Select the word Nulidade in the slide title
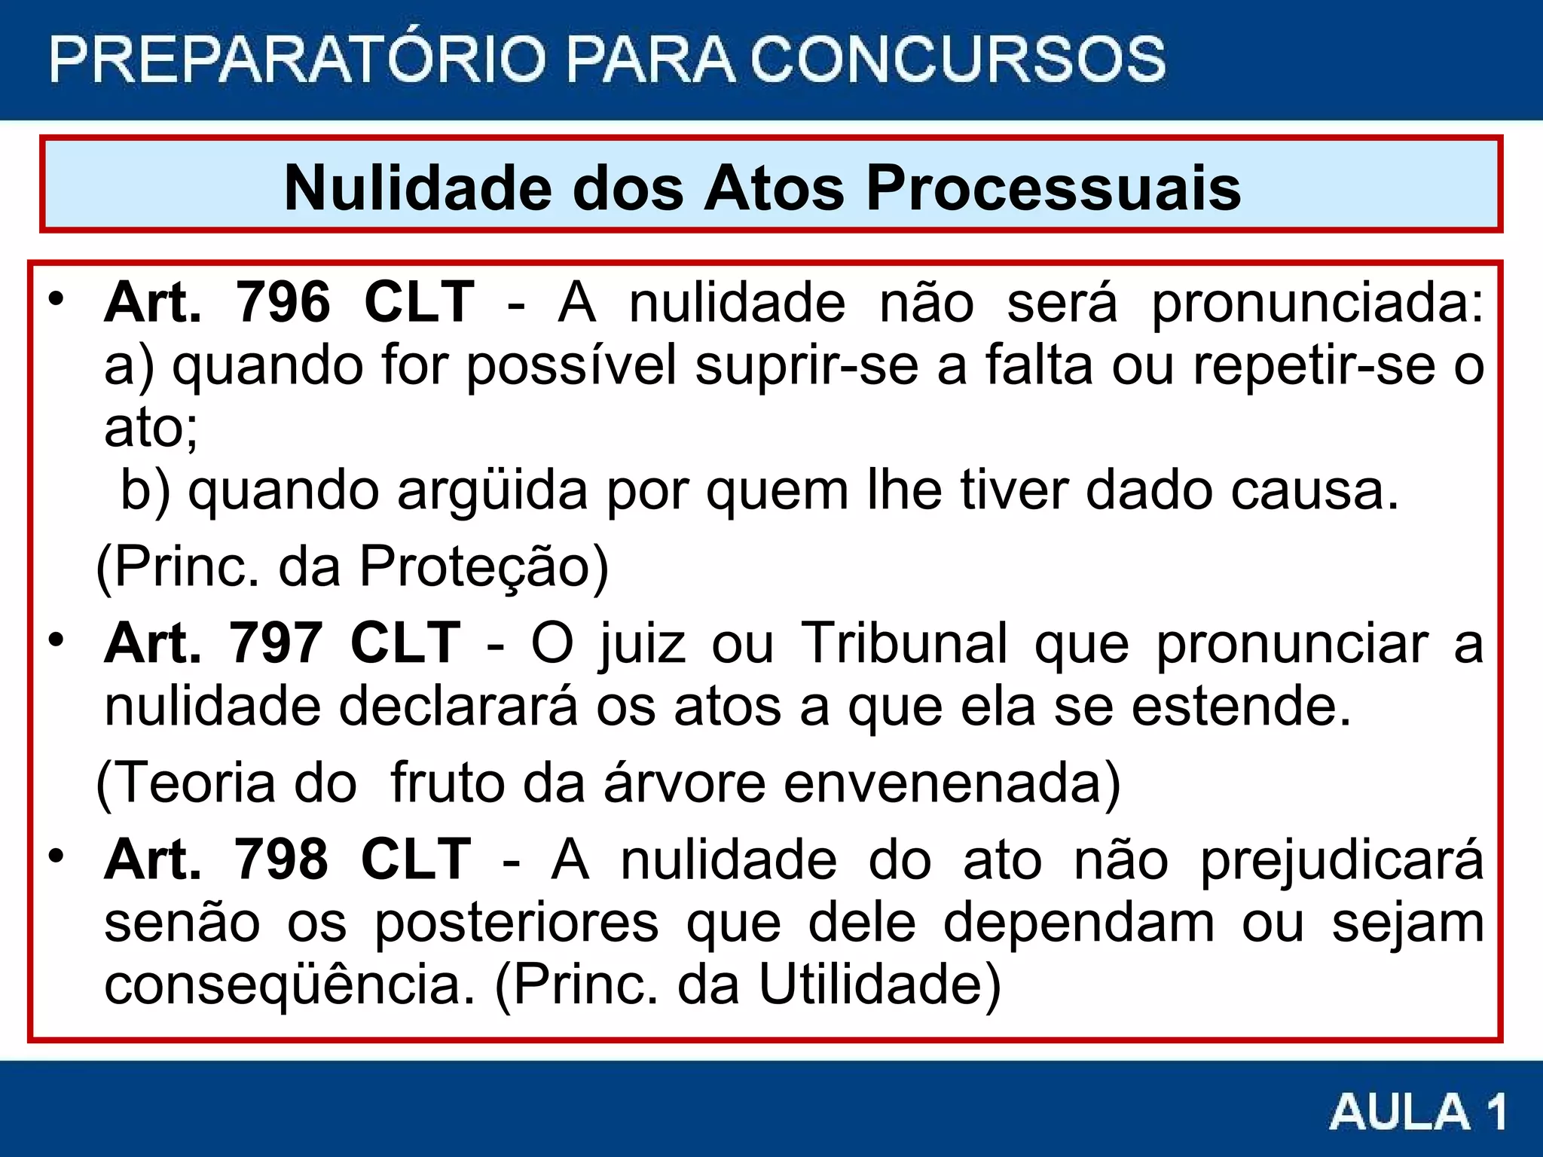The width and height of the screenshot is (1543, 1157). click(418, 188)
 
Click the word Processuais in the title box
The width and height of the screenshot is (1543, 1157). click(1053, 188)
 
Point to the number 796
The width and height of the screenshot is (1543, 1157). click(283, 303)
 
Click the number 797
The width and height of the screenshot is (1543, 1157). click(276, 644)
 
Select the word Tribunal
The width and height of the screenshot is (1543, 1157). click(903, 644)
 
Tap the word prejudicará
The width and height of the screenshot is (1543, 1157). click(1342, 861)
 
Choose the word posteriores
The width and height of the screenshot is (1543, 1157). click(517, 923)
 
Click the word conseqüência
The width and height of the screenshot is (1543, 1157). click(290, 986)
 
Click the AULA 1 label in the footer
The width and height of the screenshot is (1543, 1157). click(1417, 1111)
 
